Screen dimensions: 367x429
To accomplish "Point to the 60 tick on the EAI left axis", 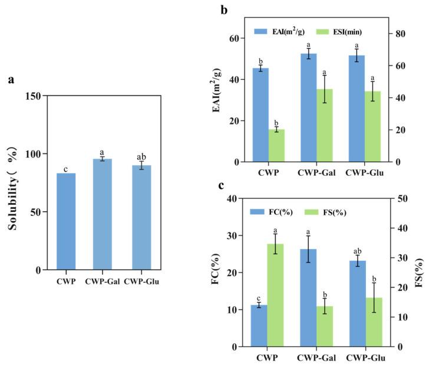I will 236,38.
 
